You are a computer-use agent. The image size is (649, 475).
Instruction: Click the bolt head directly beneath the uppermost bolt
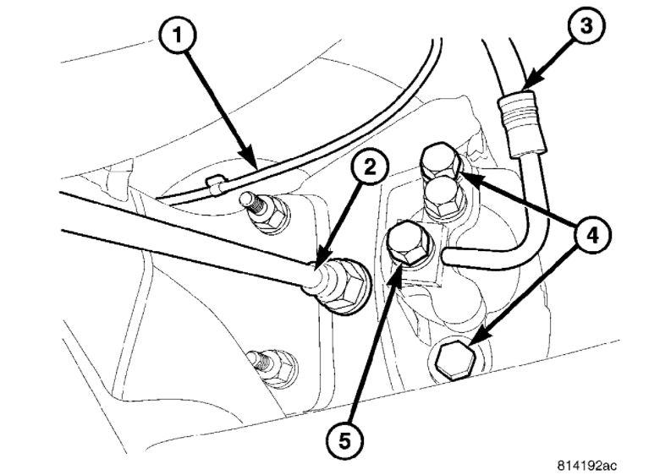coord(440,196)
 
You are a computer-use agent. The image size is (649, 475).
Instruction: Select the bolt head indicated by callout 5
coord(407,243)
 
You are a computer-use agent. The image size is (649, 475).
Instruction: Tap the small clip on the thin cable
coord(214,181)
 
